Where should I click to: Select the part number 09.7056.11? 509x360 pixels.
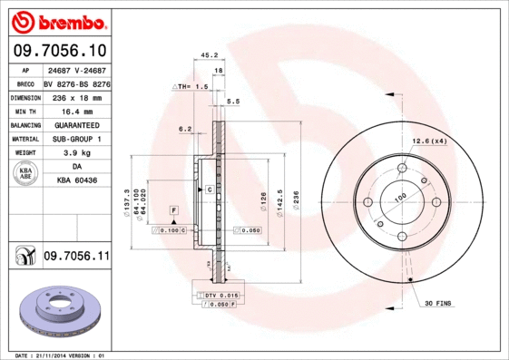tap(76, 258)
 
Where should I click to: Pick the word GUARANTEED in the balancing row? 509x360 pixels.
tap(77, 124)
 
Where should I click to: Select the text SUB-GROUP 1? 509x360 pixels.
tap(76, 139)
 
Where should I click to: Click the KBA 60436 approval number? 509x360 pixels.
tap(77, 181)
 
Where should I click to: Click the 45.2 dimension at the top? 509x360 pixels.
tap(207, 55)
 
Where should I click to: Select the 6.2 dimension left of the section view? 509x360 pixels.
tap(185, 129)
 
